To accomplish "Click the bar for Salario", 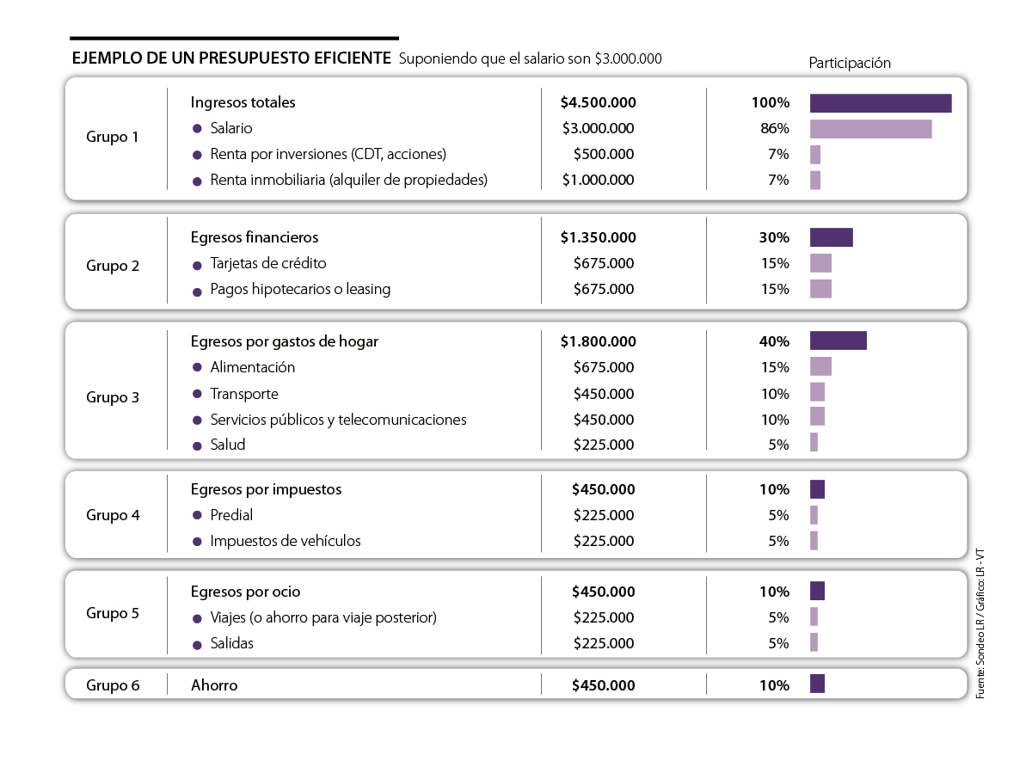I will click(x=870, y=129).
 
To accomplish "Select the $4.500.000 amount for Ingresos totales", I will click(x=598, y=102).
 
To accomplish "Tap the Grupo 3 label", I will click(x=113, y=397).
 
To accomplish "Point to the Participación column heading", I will click(x=850, y=63).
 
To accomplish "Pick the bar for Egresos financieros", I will click(x=831, y=237).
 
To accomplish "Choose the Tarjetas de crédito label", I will click(x=268, y=263).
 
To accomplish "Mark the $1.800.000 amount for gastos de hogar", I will click(x=598, y=341).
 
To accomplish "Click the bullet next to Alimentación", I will click(x=197, y=368).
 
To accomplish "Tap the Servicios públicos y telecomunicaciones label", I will click(x=338, y=420).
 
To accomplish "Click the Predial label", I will click(x=231, y=515).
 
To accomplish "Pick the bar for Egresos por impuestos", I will click(x=817, y=489).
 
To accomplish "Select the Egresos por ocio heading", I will click(x=245, y=592).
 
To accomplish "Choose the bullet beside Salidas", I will click(x=197, y=644).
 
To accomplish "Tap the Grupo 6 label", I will click(x=113, y=685).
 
